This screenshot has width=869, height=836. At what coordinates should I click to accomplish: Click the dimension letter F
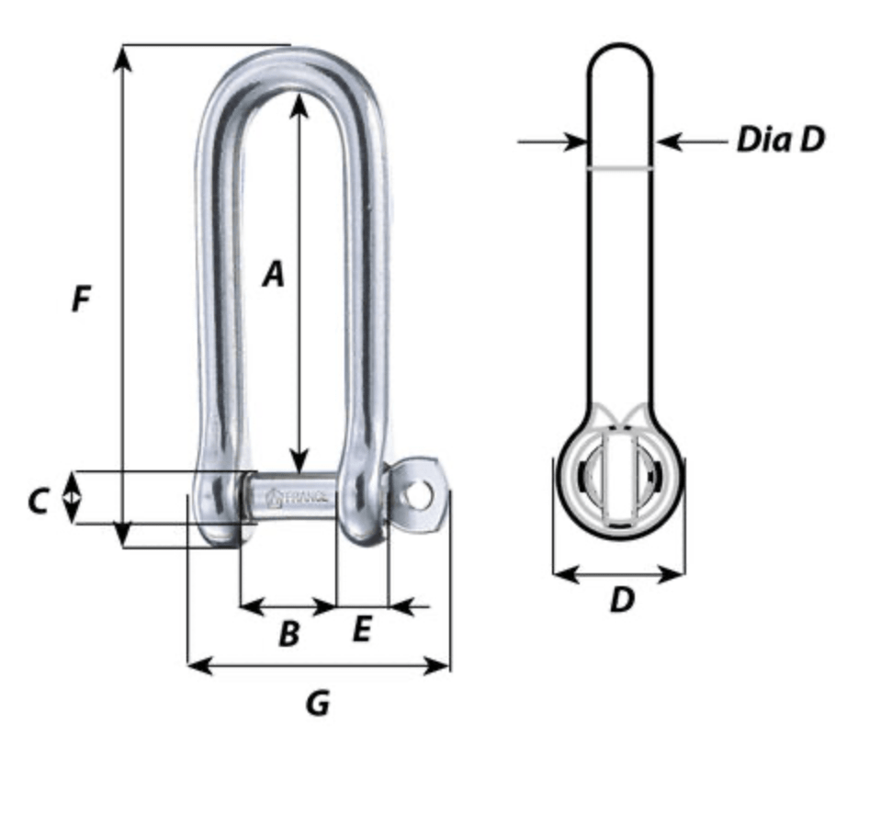click(x=82, y=299)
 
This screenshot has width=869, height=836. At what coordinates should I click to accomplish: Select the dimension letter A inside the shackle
click(x=273, y=274)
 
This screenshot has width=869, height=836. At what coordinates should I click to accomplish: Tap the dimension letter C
click(x=37, y=501)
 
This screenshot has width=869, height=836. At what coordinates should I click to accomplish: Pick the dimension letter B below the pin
click(x=288, y=632)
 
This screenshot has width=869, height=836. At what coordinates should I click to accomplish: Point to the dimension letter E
click(x=362, y=629)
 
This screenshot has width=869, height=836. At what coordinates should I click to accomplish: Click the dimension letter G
click(x=317, y=704)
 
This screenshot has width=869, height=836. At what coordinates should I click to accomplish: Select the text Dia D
click(x=780, y=140)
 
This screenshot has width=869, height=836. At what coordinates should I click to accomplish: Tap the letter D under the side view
click(x=622, y=601)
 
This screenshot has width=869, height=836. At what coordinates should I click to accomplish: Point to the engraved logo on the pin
click(x=274, y=498)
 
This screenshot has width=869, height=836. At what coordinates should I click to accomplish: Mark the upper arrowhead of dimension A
click(x=299, y=103)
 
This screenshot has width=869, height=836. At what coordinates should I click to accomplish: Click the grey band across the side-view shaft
click(x=620, y=168)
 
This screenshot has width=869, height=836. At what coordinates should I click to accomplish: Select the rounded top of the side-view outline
click(x=620, y=46)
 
